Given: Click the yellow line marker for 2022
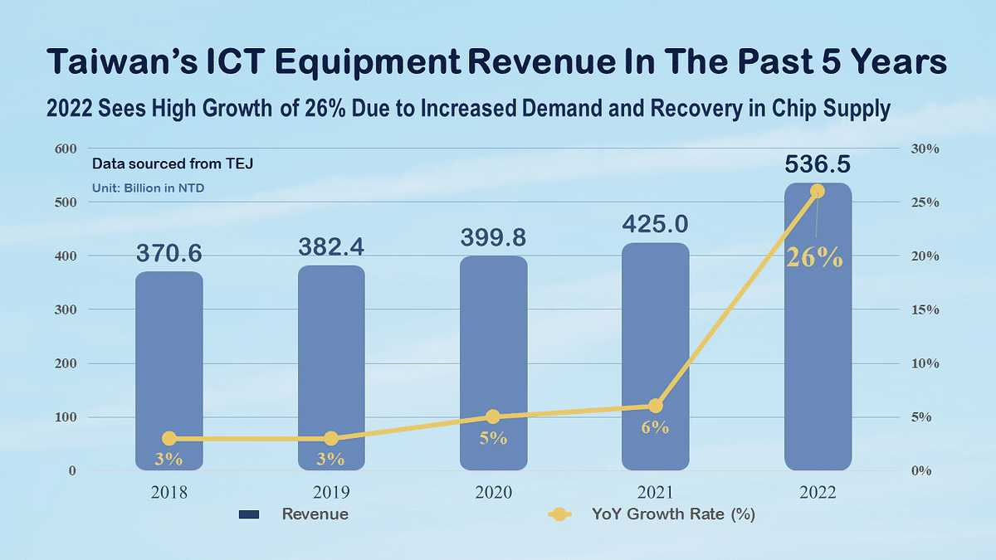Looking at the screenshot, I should click(x=818, y=192).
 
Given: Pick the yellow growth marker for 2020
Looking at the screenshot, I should click(x=493, y=416).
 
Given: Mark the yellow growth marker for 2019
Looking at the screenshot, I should click(x=331, y=438).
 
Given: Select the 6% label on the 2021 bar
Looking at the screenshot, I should click(x=655, y=428).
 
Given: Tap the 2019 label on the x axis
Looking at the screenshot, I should click(x=331, y=492).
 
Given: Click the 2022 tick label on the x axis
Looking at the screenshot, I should click(x=818, y=492).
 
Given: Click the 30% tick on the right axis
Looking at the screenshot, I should click(x=924, y=149).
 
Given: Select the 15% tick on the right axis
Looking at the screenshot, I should click(x=924, y=310).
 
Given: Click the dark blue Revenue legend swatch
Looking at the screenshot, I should click(x=248, y=514).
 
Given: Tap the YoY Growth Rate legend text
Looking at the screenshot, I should click(x=673, y=514).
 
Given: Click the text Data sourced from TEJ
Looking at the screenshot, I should click(x=172, y=164).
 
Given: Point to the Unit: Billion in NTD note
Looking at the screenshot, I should click(x=148, y=188).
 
